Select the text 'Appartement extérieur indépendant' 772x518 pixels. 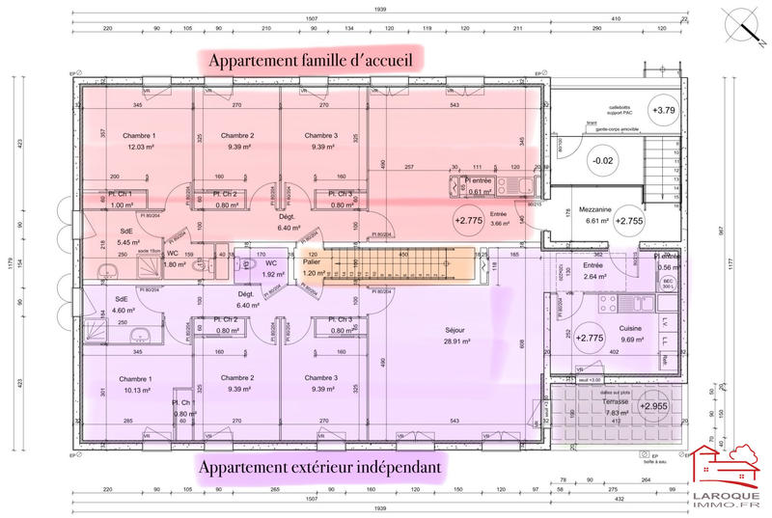(321, 468)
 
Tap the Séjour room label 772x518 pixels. (455, 329)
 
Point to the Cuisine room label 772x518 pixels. (631, 328)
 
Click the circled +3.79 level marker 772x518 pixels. (663, 110)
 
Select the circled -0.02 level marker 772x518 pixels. (602, 160)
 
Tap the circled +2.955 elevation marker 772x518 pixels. (653, 406)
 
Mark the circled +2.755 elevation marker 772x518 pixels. (628, 221)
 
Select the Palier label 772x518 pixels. (311, 261)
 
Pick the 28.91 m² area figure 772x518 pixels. (455, 341)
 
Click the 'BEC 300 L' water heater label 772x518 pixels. (666, 284)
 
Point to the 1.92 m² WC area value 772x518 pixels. (271, 274)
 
